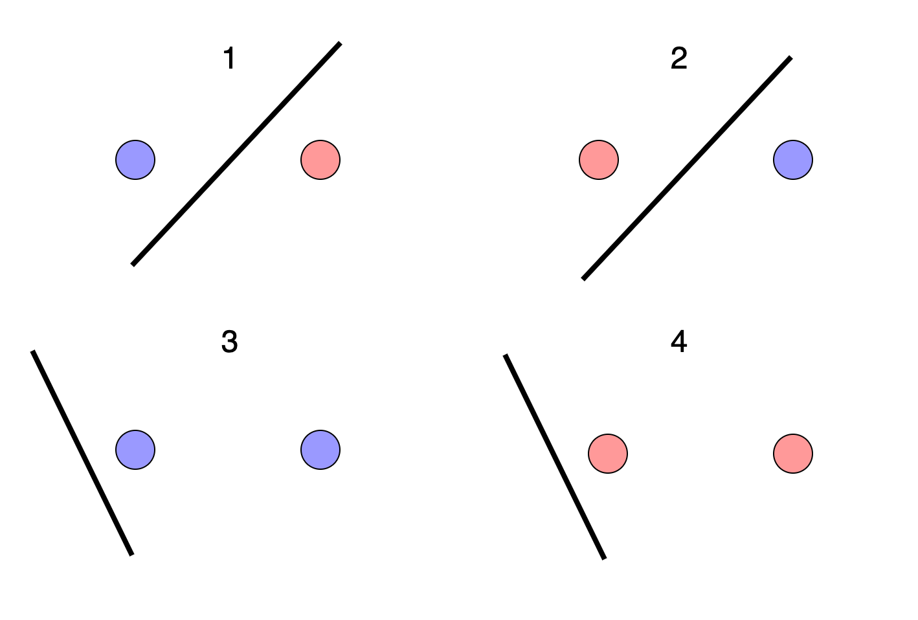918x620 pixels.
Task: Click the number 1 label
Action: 229,58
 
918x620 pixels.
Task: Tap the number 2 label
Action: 678,58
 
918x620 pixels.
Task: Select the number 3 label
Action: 229,342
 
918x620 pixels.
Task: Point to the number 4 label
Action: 678,342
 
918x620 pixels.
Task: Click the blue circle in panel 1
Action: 135,160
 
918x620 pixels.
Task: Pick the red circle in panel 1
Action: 320,160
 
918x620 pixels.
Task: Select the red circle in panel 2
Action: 599,160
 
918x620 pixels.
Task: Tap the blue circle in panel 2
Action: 793,160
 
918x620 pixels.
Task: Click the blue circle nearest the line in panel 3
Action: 135,450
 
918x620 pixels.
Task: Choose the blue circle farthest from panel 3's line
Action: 320,450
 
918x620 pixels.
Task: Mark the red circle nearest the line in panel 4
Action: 608,454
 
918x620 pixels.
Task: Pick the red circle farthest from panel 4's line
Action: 793,454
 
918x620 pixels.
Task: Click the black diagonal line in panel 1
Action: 236,154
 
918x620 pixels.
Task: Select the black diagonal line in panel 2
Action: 687,168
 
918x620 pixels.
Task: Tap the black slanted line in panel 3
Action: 82,453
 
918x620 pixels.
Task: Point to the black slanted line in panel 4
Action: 555,457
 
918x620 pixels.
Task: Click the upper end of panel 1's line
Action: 340,43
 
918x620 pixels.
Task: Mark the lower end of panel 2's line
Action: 583,280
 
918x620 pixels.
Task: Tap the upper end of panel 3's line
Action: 33,351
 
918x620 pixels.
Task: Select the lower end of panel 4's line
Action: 605,559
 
